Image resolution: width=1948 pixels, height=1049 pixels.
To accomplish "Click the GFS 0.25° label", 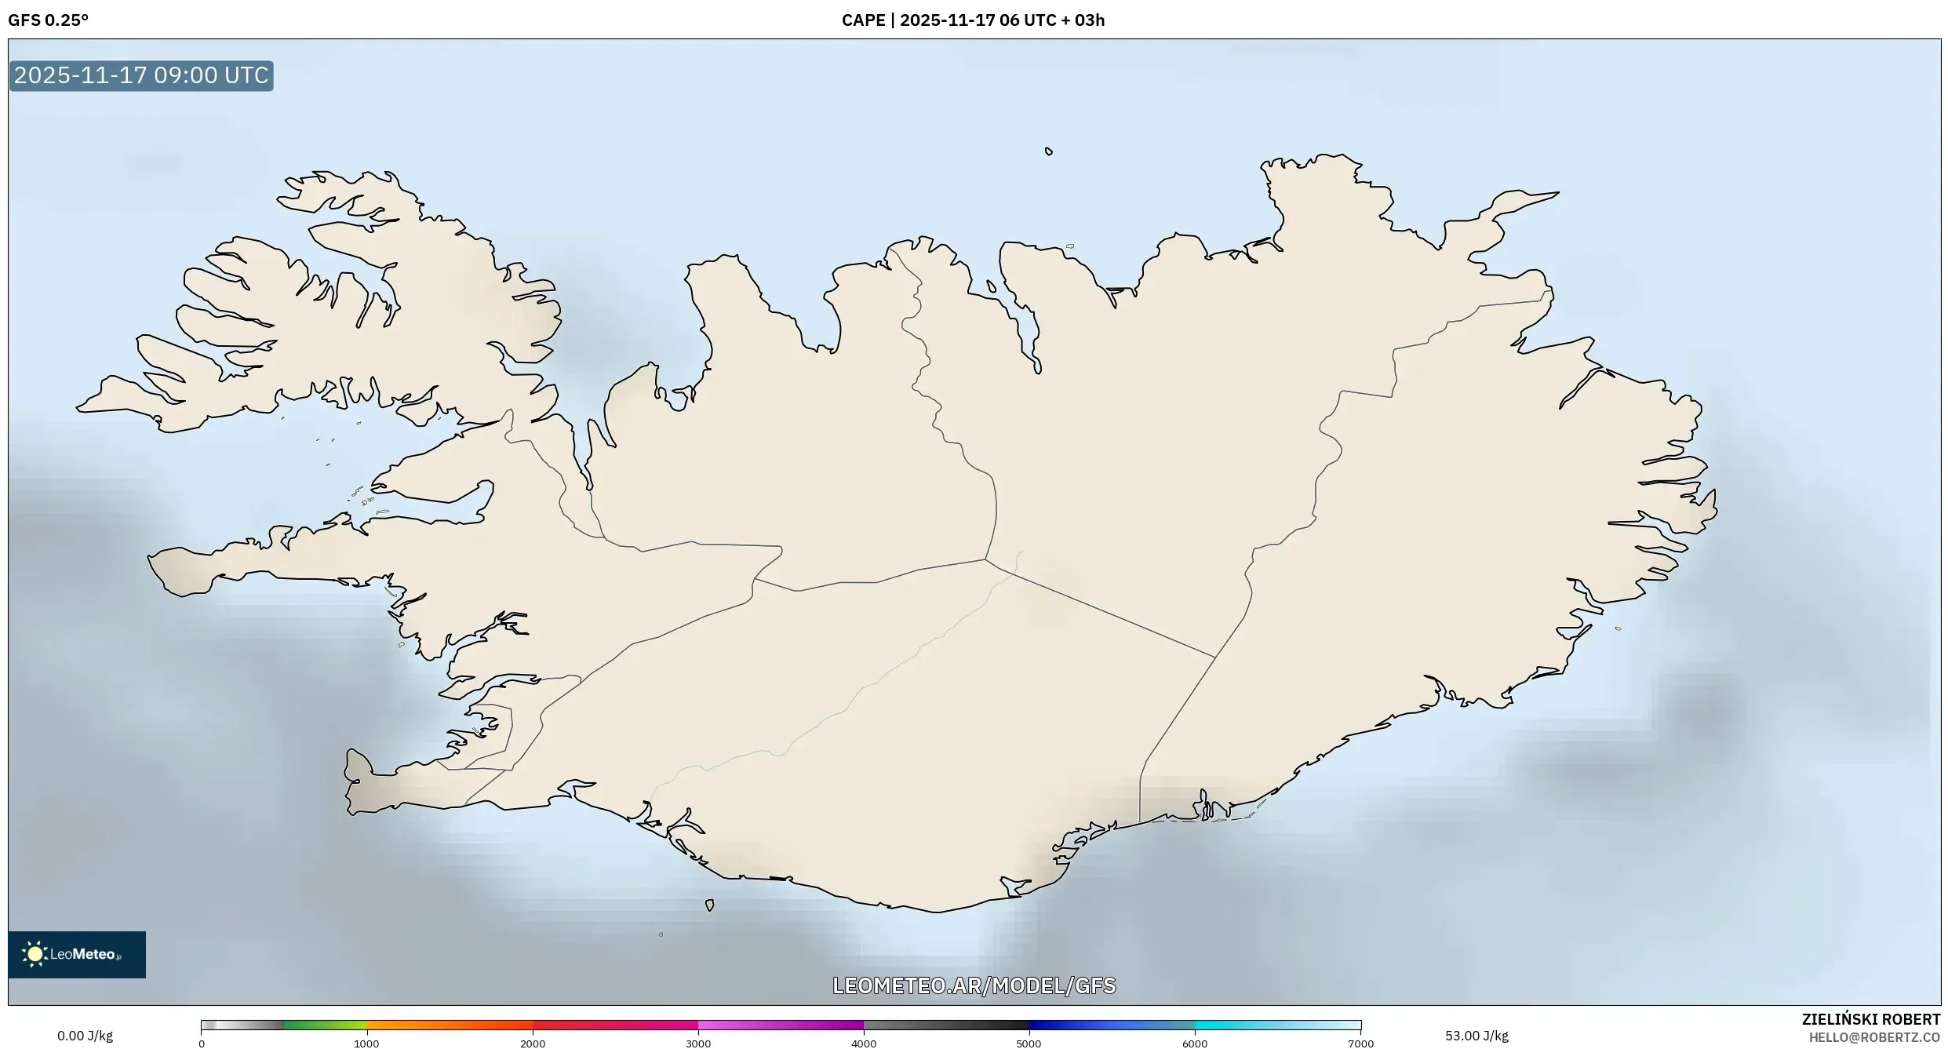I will point(48,20).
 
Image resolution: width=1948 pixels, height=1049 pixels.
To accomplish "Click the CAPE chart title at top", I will point(973,20).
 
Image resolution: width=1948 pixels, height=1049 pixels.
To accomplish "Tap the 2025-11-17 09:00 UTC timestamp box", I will point(141,75).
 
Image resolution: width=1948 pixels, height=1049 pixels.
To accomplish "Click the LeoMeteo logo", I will point(77,954).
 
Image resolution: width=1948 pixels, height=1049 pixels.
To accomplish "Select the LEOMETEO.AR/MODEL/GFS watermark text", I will point(974,985).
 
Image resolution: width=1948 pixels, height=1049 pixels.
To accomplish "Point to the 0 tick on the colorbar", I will point(202,1044).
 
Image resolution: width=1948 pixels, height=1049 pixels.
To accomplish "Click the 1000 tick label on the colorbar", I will point(366,1044).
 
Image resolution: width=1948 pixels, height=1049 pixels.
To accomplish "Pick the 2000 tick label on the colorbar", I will point(533,1044).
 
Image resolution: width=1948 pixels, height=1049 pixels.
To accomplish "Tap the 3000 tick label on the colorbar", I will point(698,1044).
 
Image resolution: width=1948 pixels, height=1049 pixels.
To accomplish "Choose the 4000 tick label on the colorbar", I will point(864,1044).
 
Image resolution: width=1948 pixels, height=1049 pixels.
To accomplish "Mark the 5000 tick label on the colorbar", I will point(1029,1044).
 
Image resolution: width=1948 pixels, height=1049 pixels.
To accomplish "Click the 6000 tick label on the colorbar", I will point(1195,1044).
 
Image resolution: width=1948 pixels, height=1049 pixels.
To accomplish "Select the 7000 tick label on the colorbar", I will point(1360,1044).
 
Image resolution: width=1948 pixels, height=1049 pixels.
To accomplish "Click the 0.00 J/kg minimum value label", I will point(85,1036).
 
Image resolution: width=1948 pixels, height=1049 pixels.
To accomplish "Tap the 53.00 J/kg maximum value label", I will point(1476,1036).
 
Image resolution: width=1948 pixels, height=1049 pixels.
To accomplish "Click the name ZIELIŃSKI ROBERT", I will point(1870,1019).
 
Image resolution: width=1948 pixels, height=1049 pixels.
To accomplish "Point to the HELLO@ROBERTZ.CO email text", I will point(1874,1037).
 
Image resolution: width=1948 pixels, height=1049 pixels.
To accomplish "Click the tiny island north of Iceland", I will point(1049,151).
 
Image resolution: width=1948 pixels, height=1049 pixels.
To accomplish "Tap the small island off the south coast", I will point(709,905).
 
